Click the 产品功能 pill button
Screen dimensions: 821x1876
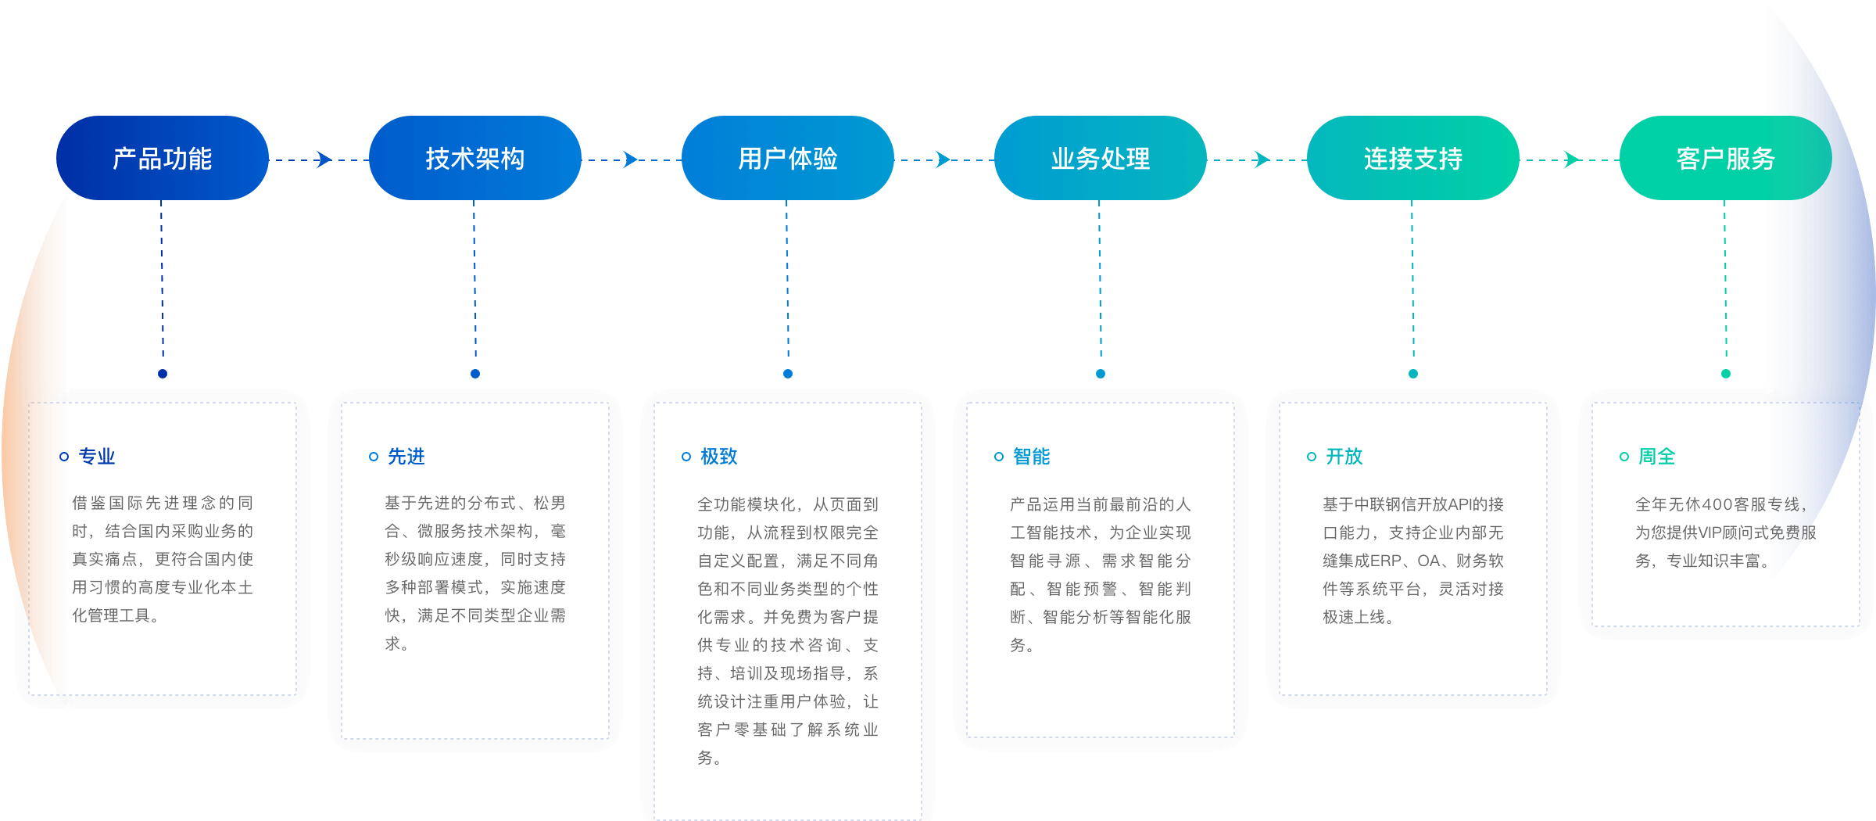pyautogui.click(x=163, y=159)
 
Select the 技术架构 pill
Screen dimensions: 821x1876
pyautogui.click(x=475, y=159)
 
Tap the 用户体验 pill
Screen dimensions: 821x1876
pyautogui.click(x=788, y=159)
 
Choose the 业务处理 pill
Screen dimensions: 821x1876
pyautogui.click(x=1101, y=159)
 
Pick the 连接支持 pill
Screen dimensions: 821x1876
pyautogui.click(x=1413, y=159)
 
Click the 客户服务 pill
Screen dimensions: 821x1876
pyautogui.click(x=1726, y=159)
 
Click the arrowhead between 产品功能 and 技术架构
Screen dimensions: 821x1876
pyautogui.click(x=324, y=160)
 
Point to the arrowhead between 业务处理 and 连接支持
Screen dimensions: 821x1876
pyautogui.click(x=1262, y=160)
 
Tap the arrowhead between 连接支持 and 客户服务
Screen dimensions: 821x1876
pyautogui.click(x=1573, y=160)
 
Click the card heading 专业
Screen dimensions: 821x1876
pyautogui.click(x=97, y=457)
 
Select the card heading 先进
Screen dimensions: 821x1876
pyautogui.click(x=406, y=457)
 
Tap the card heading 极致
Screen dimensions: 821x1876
pyautogui.click(x=719, y=457)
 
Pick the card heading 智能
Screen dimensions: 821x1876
pyautogui.click(x=1032, y=457)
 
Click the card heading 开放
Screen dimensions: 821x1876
pyautogui.click(x=1344, y=457)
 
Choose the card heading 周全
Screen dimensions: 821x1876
pyautogui.click(x=1657, y=457)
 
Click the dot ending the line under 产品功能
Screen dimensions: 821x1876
pyautogui.click(x=163, y=374)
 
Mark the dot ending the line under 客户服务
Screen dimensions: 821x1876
pyautogui.click(x=1726, y=374)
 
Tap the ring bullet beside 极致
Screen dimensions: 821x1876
pyautogui.click(x=686, y=457)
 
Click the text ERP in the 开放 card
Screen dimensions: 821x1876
pyautogui.click(x=1386, y=561)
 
